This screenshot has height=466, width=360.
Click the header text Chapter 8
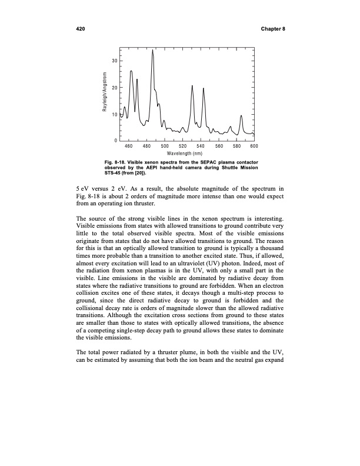tap(271, 29)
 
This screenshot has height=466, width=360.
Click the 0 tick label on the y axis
tap(115, 139)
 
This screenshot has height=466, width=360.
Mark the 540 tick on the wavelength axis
tap(201, 145)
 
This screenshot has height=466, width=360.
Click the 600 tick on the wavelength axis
tap(254, 145)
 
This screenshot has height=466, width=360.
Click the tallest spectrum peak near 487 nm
tap(153, 51)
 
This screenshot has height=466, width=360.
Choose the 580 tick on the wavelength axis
tap(236, 145)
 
